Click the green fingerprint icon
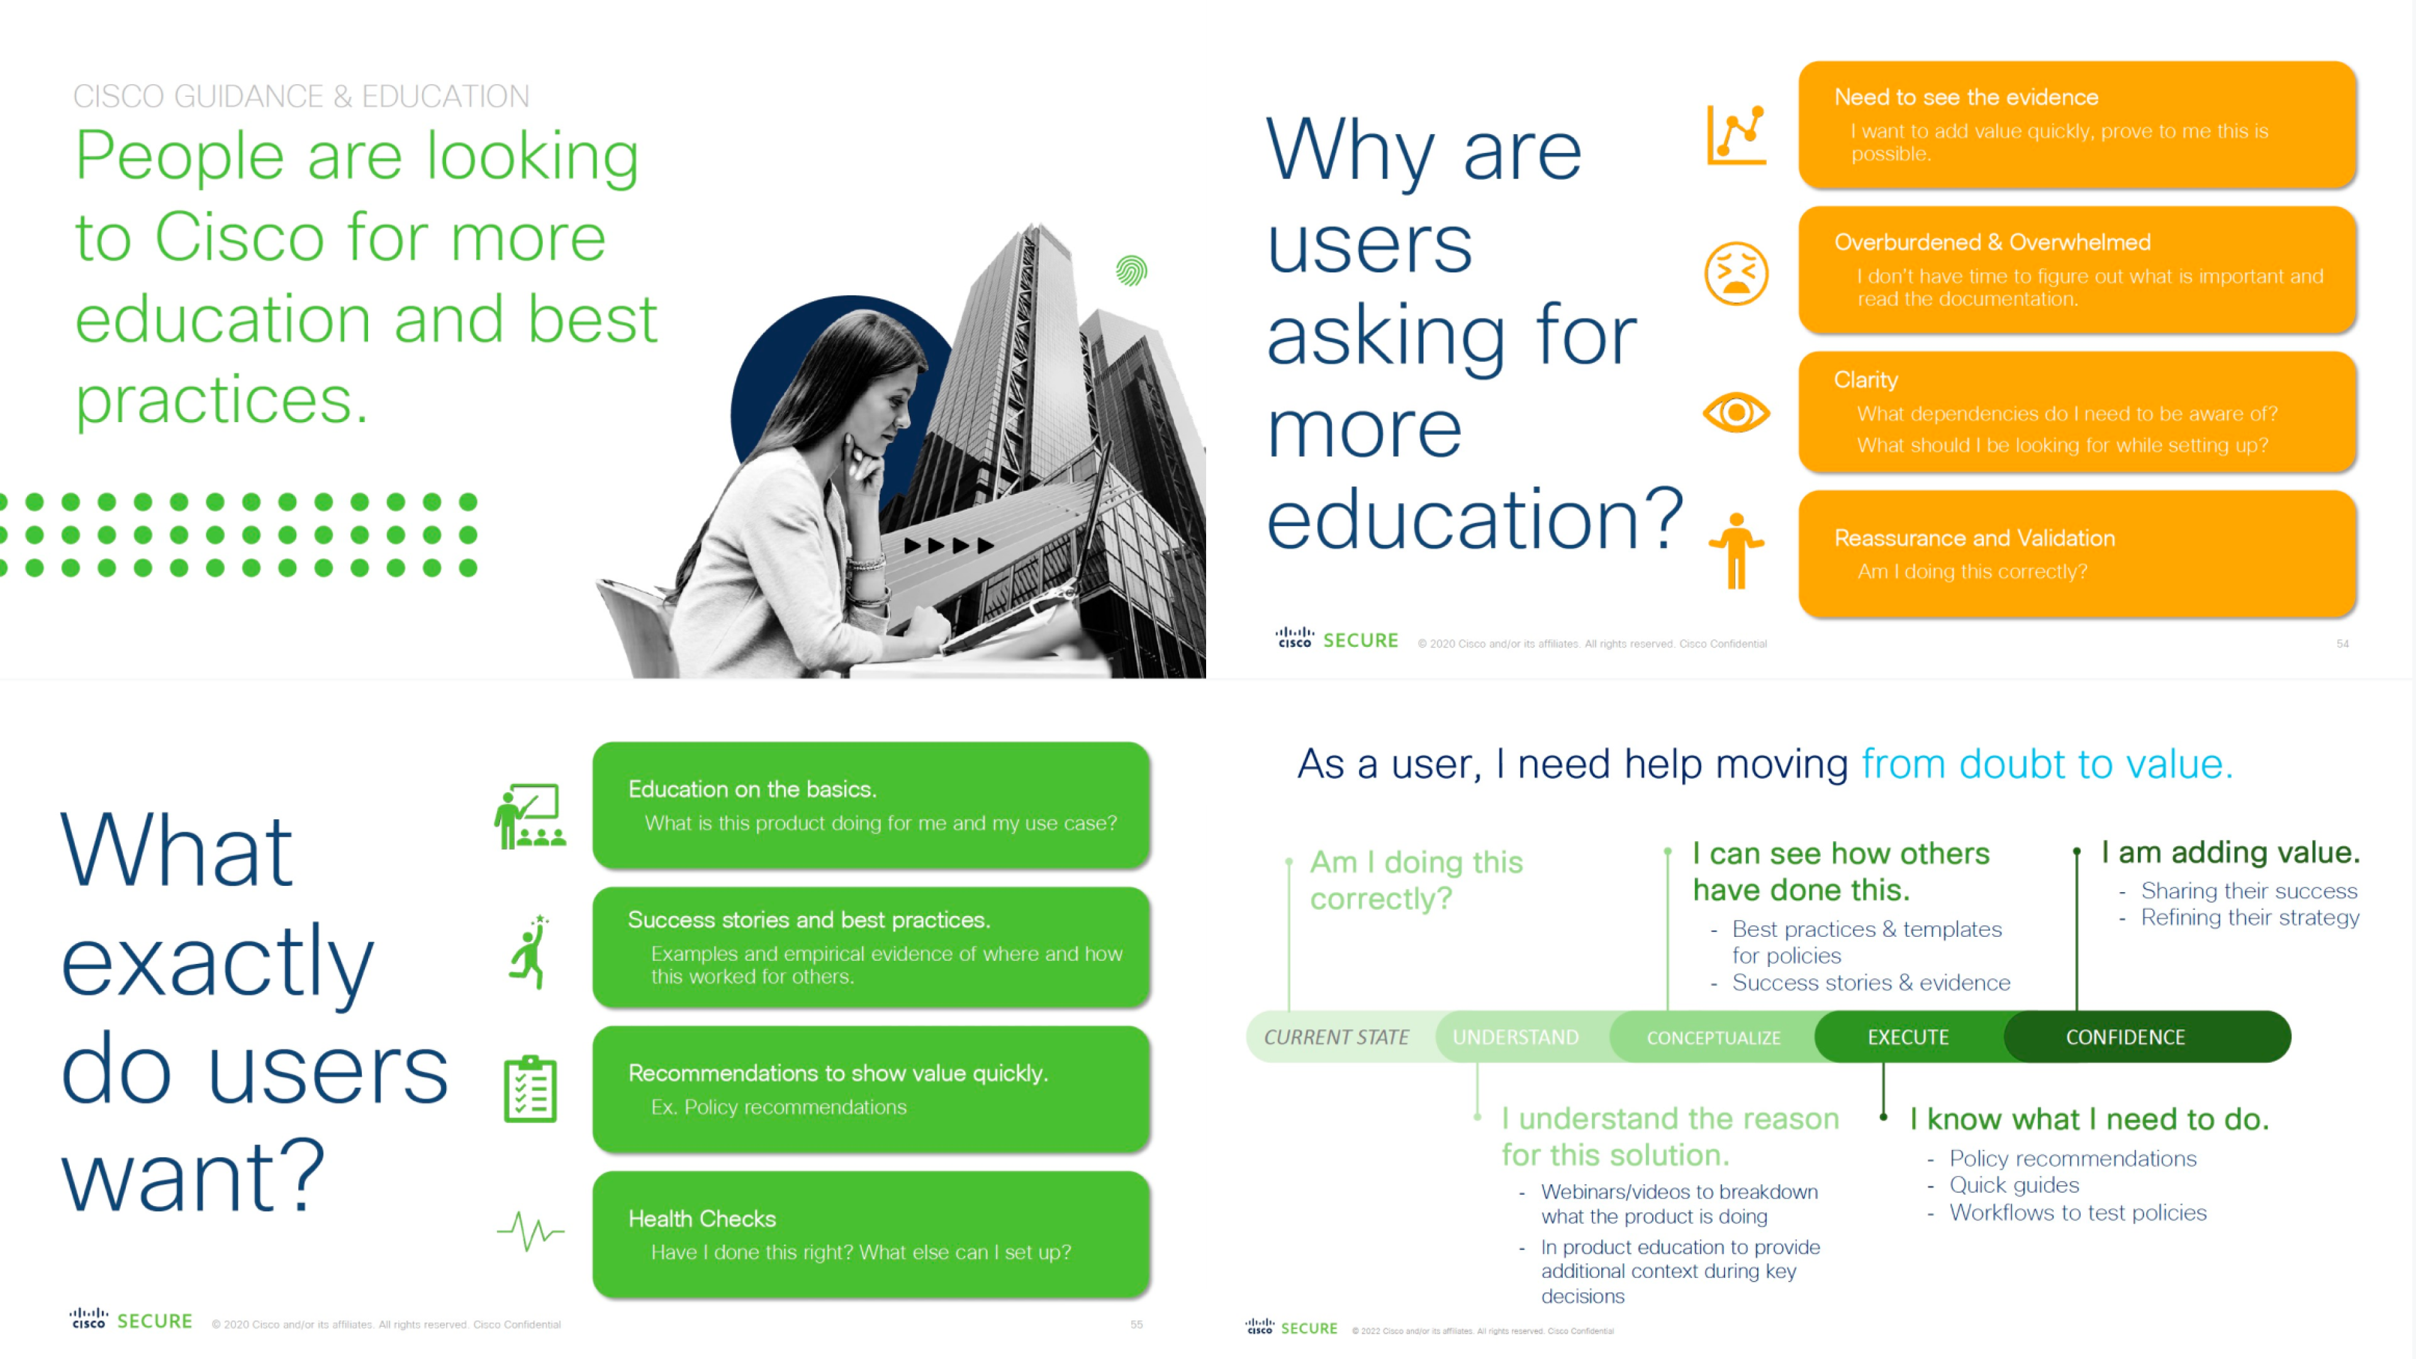click(1132, 271)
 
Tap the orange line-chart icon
click(1736, 134)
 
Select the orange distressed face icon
click(1736, 273)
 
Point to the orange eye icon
click(1736, 413)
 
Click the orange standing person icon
click(1736, 551)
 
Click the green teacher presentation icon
click(530, 816)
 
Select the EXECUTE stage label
click(1908, 1037)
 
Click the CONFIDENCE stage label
click(2125, 1037)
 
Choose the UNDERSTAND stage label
click(1516, 1037)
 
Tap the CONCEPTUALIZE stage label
click(1713, 1038)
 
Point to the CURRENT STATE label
click(1336, 1037)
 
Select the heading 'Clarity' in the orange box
click(1866, 380)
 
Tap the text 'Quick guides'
click(2015, 1185)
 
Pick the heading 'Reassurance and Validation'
click(1975, 539)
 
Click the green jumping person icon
click(530, 951)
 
